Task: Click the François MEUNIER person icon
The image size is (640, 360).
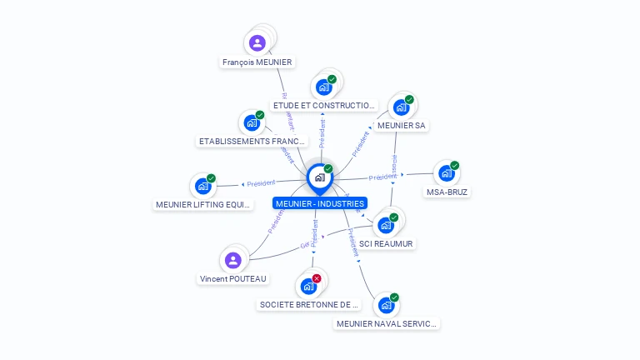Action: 257,42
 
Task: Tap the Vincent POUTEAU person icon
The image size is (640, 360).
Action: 233,260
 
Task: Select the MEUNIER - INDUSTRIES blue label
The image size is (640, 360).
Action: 319,203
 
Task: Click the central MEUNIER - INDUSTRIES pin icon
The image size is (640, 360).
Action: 319,177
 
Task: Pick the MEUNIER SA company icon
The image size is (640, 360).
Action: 401,107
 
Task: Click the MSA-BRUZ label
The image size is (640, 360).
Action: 447,192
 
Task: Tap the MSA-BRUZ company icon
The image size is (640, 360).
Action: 447,173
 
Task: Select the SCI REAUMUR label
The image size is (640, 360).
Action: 386,243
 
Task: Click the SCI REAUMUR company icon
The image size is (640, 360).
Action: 386,225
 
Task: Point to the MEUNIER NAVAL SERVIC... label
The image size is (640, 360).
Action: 387,323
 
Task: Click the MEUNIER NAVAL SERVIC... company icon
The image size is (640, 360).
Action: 386,305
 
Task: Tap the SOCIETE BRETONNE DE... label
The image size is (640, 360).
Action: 309,304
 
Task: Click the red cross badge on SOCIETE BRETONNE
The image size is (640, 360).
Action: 317,278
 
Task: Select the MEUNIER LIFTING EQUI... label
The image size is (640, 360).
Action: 203,204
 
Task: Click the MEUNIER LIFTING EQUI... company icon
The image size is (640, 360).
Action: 202,186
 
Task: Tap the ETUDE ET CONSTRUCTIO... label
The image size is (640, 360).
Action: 325,106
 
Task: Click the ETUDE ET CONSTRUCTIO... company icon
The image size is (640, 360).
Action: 323,87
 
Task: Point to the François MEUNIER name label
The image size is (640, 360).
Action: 257,62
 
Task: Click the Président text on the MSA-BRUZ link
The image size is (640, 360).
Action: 382,177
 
